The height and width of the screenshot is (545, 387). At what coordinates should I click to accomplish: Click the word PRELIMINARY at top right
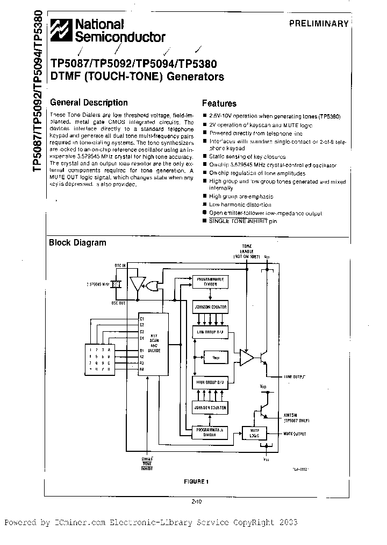point(319,24)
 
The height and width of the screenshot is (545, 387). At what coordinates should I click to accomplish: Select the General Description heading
point(89,102)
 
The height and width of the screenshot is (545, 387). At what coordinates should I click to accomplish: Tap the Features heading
point(219,103)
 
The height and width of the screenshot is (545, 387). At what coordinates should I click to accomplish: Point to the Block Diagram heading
point(77,242)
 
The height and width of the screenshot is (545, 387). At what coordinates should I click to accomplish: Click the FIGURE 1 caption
point(195,481)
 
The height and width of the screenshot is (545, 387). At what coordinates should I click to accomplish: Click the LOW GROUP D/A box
point(210,333)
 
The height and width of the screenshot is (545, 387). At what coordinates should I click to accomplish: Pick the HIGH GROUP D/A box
point(210,382)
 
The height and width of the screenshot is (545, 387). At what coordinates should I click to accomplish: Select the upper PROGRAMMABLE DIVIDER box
point(210,282)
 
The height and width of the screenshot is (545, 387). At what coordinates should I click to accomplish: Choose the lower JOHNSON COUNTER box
point(210,408)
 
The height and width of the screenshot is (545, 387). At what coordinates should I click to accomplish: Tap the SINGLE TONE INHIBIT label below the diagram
point(147,464)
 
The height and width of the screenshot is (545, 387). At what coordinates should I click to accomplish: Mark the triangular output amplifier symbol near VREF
point(247,358)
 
